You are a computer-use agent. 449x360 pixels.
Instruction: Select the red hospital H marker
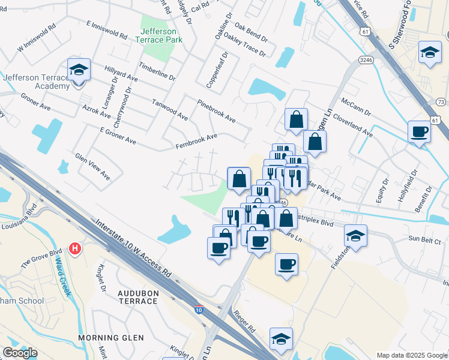[x=75, y=248]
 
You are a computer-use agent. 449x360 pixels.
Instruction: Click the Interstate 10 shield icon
[x=199, y=310]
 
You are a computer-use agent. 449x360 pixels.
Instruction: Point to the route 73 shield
[x=441, y=102]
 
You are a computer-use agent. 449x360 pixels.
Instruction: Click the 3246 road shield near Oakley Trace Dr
[x=366, y=60]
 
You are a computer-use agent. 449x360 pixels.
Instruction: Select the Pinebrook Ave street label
[x=216, y=111]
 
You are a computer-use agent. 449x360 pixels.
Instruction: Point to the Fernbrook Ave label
[x=196, y=141]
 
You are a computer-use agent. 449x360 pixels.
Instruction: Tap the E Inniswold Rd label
[x=107, y=30]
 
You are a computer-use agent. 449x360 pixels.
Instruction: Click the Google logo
[x=20, y=353]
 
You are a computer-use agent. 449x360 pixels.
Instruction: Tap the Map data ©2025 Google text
[x=411, y=355]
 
